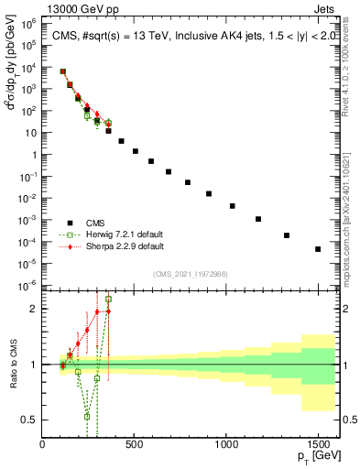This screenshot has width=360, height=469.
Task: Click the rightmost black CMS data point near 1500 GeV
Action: [x=318, y=249]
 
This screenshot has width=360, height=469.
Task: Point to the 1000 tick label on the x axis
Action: [x=226, y=446]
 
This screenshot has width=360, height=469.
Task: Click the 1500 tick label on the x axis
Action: [x=318, y=446]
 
